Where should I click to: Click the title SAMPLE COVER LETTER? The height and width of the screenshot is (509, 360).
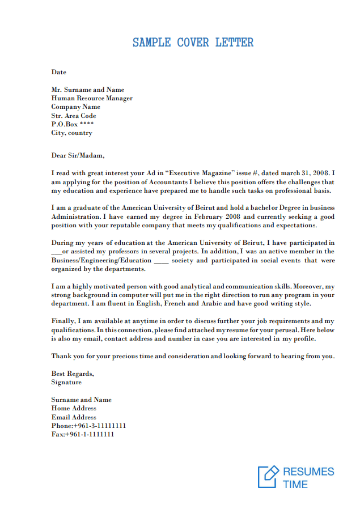tap(193, 43)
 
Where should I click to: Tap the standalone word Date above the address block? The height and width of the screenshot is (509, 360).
tap(58, 72)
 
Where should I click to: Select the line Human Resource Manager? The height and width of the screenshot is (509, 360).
tap(92, 98)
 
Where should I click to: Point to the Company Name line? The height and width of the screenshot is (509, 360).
tap(75, 107)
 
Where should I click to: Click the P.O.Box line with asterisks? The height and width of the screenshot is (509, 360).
tap(73, 124)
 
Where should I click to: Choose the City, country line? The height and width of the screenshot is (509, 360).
tap(71, 133)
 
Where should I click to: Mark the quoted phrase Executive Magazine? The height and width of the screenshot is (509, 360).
tap(204, 173)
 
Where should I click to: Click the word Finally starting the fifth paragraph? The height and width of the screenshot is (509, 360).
tap(62, 321)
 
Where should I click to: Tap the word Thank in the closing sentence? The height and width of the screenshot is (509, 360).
tap(61, 356)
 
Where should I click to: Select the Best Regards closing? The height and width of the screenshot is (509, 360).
tap(73, 374)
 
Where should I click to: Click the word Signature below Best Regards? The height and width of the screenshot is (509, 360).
tap(66, 382)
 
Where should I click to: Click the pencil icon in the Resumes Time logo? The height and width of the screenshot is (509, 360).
tap(268, 476)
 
